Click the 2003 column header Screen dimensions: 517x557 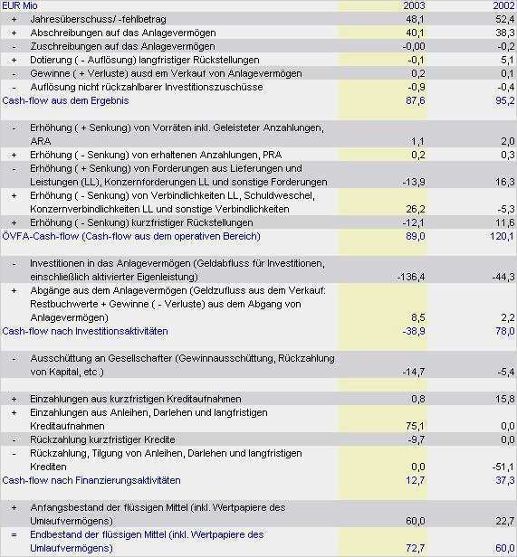[x=414, y=5]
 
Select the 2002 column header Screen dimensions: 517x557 [x=503, y=5]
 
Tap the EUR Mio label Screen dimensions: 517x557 [x=20, y=5]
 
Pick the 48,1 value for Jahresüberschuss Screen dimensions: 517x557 [x=416, y=19]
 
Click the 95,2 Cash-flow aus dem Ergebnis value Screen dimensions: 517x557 [x=505, y=100]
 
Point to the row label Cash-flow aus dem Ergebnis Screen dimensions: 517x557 [x=65, y=100]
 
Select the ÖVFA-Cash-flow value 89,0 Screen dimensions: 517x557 [x=416, y=236]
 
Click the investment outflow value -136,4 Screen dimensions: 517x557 [x=410, y=277]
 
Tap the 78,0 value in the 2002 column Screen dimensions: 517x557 [x=505, y=331]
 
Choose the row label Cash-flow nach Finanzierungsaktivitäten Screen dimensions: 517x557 [x=91, y=480]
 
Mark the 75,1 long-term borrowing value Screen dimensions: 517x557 [x=416, y=426]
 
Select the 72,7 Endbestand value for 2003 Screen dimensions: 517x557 [x=416, y=548]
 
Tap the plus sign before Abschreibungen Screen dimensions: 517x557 [x=14, y=33]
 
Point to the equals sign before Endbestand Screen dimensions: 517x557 [x=14, y=534]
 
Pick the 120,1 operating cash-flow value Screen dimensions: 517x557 [x=503, y=236]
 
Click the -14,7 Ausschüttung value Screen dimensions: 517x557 [x=414, y=372]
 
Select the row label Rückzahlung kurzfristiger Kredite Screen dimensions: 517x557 [x=102, y=439]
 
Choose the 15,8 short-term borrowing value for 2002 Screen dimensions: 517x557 [x=505, y=399]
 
